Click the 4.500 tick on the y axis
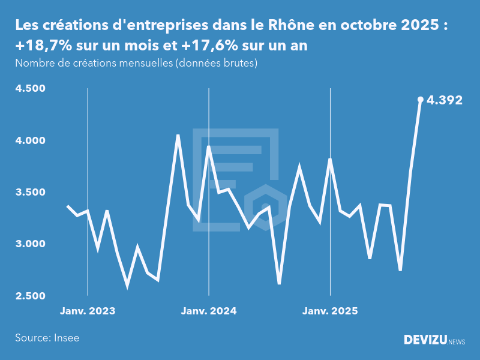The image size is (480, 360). pos(31,89)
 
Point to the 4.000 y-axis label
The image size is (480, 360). pos(31,140)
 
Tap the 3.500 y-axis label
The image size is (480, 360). pos(31,193)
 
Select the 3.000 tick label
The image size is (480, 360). pos(31,244)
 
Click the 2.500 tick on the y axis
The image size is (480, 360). pos(31,296)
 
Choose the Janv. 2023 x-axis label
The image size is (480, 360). pos(88,311)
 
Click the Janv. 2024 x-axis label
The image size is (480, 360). pos(209,311)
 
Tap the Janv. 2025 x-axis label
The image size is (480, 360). pos(330,311)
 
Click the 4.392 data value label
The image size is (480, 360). pos(445,100)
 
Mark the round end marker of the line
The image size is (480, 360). pos(421,100)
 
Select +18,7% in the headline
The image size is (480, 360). pos(41,46)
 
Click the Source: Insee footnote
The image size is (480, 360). pos(47,338)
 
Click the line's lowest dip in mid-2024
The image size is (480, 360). pos(279,283)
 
